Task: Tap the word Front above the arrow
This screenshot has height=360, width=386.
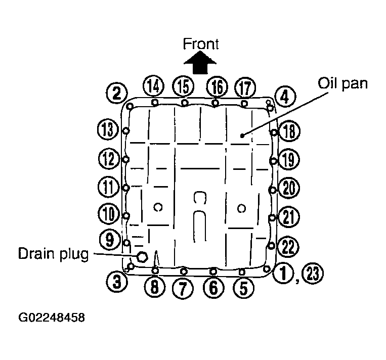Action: pyautogui.click(x=201, y=44)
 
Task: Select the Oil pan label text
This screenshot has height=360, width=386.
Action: pyautogui.click(x=342, y=84)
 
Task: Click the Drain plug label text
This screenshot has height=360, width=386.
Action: pyautogui.click(x=53, y=254)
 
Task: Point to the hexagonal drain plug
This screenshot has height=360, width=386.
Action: pyautogui.click(x=142, y=257)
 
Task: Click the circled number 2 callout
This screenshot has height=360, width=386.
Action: pyautogui.click(x=117, y=94)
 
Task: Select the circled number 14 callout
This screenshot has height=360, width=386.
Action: pyautogui.click(x=154, y=86)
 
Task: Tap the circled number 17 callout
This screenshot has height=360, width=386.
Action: pyautogui.click(x=245, y=88)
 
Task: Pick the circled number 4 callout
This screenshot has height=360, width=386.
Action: pyautogui.click(x=285, y=97)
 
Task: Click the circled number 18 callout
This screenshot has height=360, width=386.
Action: pyautogui.click(x=290, y=131)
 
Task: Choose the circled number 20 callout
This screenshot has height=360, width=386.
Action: pyautogui.click(x=289, y=188)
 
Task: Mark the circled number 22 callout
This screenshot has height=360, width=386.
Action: pyautogui.click(x=288, y=247)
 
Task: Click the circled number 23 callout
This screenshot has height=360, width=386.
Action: pyautogui.click(x=313, y=273)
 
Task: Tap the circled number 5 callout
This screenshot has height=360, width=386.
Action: pyautogui.click(x=243, y=288)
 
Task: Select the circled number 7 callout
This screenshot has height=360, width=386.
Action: pyautogui.click(x=183, y=288)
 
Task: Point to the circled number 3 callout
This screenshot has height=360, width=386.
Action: pyautogui.click(x=117, y=282)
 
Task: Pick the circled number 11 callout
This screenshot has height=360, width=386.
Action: pyautogui.click(x=109, y=187)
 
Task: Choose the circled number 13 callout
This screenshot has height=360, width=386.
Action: pyautogui.click(x=108, y=129)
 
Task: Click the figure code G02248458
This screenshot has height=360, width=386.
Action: pyautogui.click(x=52, y=318)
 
